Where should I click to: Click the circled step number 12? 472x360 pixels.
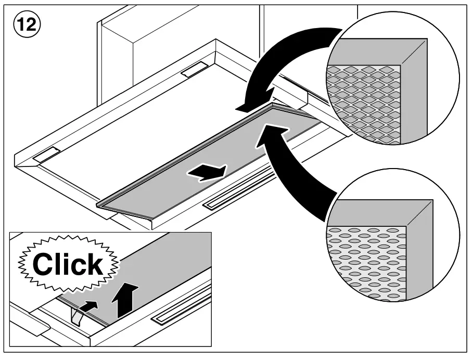24,24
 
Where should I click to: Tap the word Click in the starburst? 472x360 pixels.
67,264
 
